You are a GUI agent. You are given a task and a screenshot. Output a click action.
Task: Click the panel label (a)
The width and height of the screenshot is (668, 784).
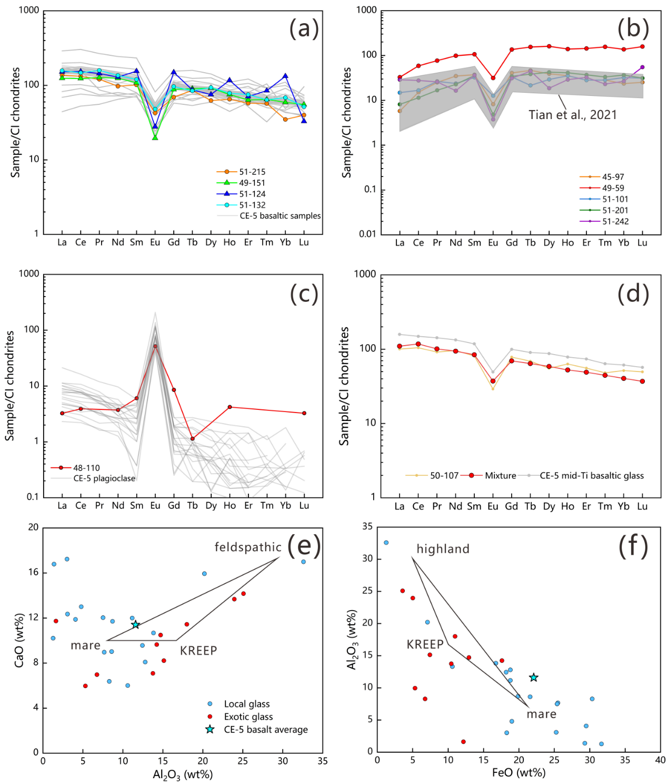[304, 28]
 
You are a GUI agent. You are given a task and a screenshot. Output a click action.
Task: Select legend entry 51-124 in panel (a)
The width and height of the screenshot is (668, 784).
[252, 194]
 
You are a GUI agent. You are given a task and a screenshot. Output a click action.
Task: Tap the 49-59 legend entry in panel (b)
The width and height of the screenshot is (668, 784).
[613, 188]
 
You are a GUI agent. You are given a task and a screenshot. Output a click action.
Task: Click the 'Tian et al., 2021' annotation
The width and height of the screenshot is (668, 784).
[573, 115]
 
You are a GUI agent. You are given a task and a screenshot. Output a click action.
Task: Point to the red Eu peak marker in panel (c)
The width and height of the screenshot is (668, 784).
[155, 346]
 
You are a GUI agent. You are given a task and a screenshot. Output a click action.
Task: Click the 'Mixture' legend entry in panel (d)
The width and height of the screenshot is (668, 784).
[500, 476]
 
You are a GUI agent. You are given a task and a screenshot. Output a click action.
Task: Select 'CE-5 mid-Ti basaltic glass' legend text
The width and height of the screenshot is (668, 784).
[592, 476]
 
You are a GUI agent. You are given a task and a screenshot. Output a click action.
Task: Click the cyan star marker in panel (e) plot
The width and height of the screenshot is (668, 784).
[135, 624]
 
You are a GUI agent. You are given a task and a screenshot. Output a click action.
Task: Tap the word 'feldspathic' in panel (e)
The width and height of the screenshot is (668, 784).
[248, 547]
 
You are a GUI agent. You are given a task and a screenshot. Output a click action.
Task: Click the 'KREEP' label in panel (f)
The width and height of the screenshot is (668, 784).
[425, 644]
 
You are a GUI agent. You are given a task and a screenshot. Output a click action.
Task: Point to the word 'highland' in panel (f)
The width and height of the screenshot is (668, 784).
[443, 549]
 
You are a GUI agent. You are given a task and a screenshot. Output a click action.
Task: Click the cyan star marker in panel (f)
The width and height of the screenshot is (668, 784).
[534, 677]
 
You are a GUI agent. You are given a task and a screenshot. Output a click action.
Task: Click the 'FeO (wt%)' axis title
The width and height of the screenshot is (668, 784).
[519, 773]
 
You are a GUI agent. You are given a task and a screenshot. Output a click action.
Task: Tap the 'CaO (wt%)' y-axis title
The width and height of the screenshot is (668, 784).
[19, 640]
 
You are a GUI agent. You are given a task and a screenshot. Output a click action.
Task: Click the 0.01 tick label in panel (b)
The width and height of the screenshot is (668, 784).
[368, 234]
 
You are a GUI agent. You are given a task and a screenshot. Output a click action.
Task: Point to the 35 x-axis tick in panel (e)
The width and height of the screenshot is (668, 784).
[323, 761]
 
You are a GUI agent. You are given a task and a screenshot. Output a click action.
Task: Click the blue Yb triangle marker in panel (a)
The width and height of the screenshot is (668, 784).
[285, 76]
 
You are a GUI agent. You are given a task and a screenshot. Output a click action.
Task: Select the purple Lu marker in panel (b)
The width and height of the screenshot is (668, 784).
[642, 67]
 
